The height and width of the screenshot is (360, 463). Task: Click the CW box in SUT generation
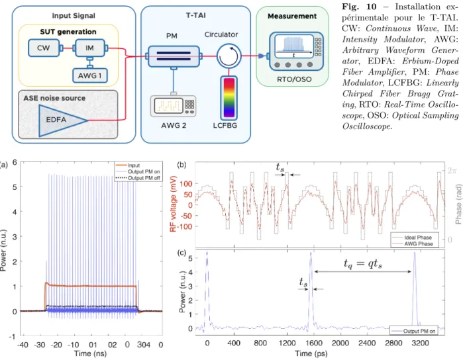click(x=44, y=48)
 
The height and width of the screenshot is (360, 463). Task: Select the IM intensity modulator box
click(x=90, y=48)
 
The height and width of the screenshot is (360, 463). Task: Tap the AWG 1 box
click(x=90, y=75)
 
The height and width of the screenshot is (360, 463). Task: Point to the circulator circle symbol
click(x=229, y=56)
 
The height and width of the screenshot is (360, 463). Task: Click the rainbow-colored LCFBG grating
click(x=229, y=98)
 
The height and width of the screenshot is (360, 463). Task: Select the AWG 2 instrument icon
click(x=173, y=106)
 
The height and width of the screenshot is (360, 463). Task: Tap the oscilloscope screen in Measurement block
click(x=294, y=46)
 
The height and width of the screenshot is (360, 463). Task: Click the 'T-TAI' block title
click(x=195, y=15)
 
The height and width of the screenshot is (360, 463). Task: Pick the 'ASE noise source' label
click(x=54, y=98)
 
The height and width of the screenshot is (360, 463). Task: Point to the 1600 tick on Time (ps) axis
click(x=313, y=343)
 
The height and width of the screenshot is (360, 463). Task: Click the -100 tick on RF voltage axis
click(x=184, y=226)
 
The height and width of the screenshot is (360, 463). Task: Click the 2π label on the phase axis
click(x=451, y=170)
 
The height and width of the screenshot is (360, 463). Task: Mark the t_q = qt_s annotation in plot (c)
click(x=362, y=263)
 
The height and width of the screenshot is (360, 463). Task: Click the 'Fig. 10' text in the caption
click(x=360, y=7)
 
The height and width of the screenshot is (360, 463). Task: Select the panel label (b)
click(x=181, y=164)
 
